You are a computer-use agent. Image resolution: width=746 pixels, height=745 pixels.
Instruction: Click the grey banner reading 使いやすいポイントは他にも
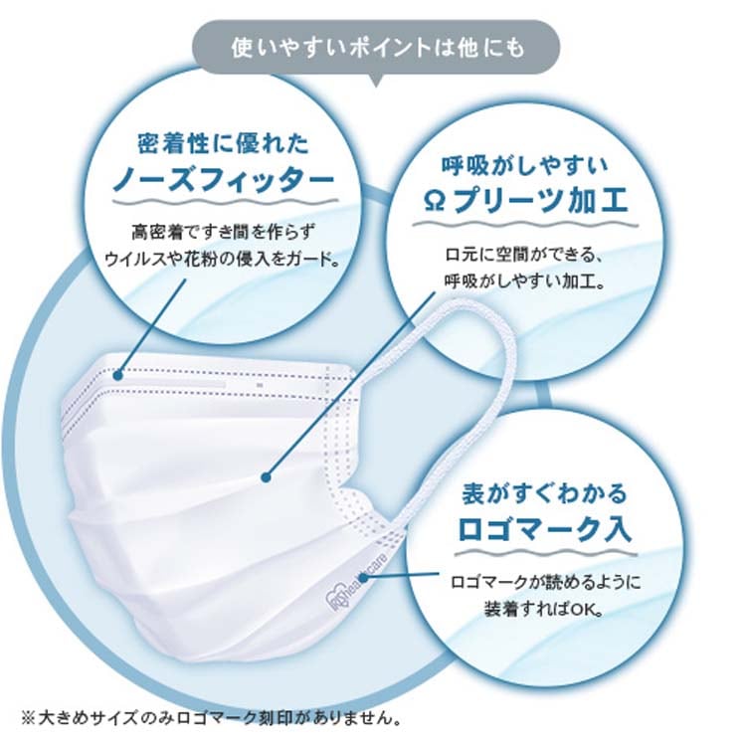376,47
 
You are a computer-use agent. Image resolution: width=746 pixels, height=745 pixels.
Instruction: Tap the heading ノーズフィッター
223,179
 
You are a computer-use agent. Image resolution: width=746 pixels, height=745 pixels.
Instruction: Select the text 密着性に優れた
223,143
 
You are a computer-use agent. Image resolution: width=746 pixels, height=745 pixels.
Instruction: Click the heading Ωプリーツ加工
525,200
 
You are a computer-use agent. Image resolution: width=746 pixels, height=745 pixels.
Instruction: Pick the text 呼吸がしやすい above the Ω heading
525,165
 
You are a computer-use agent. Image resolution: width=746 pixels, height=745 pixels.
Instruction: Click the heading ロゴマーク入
545,528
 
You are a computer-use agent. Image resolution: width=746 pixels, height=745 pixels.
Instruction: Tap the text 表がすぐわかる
545,493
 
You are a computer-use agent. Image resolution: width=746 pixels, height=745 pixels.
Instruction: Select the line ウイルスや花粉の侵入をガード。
223,260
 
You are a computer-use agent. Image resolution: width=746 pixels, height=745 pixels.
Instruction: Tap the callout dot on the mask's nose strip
118,375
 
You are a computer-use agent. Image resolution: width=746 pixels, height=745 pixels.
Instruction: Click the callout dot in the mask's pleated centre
267,476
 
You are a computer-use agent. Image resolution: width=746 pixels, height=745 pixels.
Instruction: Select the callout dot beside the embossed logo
363,578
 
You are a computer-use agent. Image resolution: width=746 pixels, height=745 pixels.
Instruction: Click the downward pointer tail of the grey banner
376,81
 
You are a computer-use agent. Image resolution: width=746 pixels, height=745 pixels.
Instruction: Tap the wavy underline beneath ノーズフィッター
225,202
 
